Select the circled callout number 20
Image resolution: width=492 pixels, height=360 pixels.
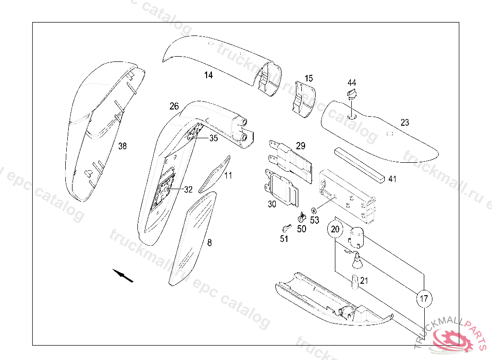tap(335, 229)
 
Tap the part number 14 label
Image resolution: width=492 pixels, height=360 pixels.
tap(208, 75)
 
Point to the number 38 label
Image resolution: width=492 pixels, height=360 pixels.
tap(123, 146)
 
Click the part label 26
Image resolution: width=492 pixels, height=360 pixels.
tap(174, 106)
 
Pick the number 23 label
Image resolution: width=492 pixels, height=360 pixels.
tap(405, 122)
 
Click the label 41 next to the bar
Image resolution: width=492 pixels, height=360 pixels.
tap(393, 179)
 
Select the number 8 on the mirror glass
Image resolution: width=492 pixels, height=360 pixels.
tap(209, 242)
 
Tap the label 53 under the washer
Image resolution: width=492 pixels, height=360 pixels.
tap(314, 220)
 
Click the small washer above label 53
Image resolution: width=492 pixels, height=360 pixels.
tap(314, 210)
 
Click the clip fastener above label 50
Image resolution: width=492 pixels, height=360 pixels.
tap(302, 217)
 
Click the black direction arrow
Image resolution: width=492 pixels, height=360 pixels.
tap(123, 275)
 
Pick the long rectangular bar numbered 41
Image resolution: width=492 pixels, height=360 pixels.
tap(359, 165)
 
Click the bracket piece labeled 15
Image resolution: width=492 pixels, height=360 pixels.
tap(303, 100)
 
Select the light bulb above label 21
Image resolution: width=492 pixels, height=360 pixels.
tap(357, 262)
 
